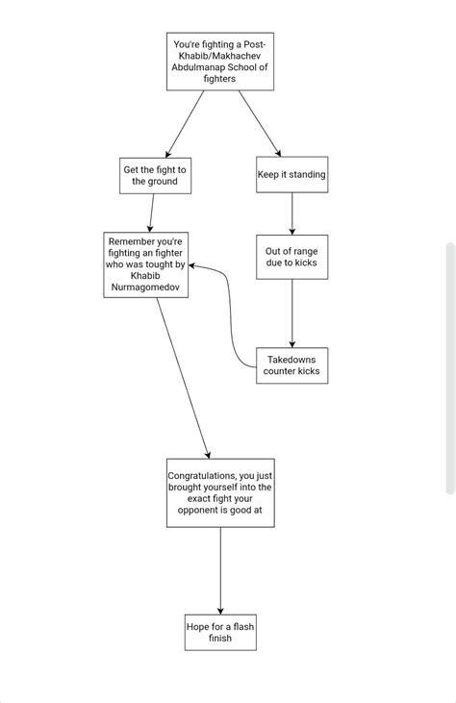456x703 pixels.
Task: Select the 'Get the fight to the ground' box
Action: (155, 175)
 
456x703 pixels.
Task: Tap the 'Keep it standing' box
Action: (291, 175)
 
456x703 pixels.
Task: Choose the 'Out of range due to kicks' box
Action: (291, 257)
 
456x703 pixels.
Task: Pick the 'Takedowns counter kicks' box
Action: (291, 365)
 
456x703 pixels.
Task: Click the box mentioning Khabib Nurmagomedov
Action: (145, 264)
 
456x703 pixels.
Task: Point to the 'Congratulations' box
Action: (220, 492)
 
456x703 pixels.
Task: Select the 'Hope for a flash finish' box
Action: (220, 632)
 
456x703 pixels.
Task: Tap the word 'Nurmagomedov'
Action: (145, 288)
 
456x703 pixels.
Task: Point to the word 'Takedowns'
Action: (291, 359)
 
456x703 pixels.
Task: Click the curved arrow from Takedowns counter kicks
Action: (232, 317)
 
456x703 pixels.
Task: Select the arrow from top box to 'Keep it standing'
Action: (260, 123)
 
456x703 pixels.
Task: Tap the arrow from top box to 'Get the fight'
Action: (182, 123)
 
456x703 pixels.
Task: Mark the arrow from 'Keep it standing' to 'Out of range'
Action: (291, 213)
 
